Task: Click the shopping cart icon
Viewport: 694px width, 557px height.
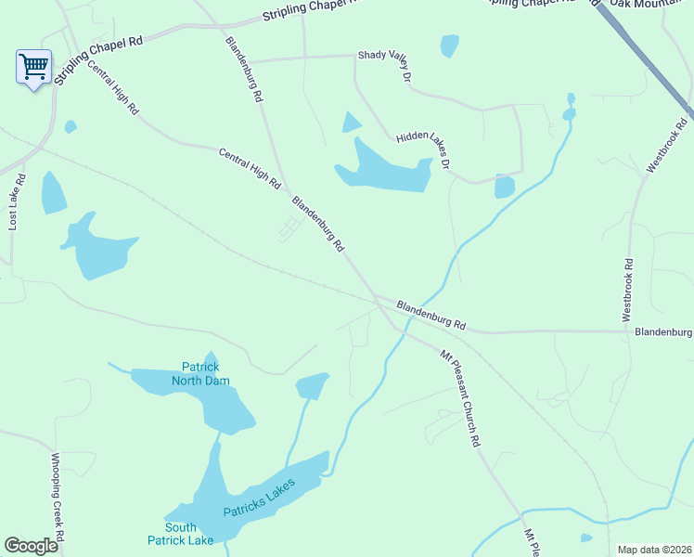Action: [x=33, y=67]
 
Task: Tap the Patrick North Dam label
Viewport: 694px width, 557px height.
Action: [x=199, y=373]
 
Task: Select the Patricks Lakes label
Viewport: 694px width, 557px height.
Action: [x=259, y=499]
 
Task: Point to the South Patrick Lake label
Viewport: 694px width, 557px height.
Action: [x=180, y=534]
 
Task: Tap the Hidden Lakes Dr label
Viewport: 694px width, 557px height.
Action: [x=423, y=149]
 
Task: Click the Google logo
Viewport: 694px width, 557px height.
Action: [x=32, y=546]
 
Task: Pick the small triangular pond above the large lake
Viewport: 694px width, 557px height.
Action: [x=351, y=123]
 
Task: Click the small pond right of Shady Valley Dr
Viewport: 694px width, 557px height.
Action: [x=449, y=45]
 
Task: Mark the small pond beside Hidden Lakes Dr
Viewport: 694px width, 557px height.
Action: [x=504, y=187]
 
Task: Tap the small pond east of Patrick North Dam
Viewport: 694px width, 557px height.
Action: [x=312, y=385]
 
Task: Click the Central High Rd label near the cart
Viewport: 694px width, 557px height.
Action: [x=113, y=88]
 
